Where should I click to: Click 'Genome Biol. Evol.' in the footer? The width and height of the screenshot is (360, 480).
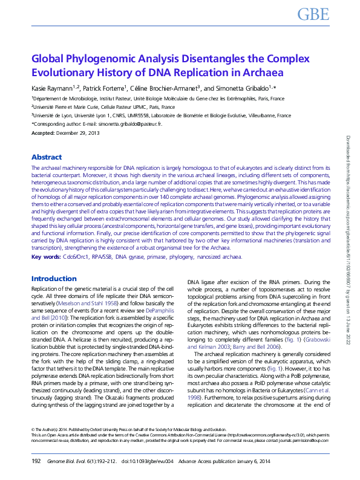tap(68, 461)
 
